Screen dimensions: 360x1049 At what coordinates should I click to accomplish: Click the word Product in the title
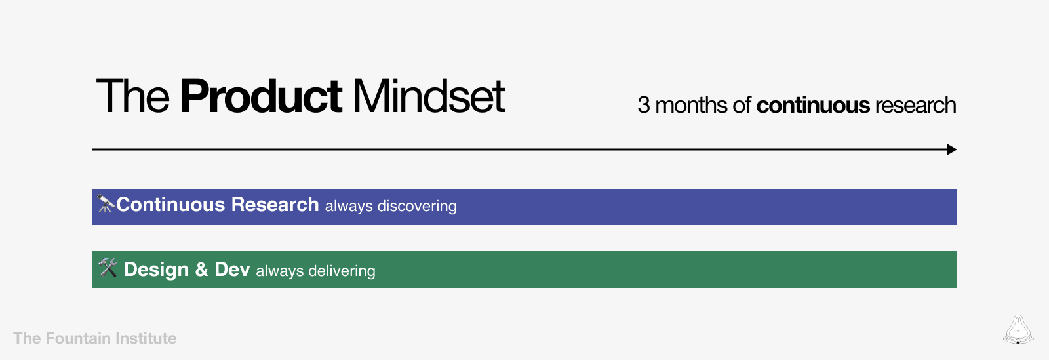coord(260,97)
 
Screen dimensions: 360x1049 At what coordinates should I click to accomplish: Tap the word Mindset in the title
coord(429,97)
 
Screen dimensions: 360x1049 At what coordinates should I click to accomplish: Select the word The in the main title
coord(133,97)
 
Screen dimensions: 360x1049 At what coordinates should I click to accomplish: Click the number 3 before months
coord(644,106)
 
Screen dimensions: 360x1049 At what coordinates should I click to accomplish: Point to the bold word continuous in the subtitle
coord(813,106)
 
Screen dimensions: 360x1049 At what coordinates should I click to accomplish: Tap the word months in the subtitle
coord(691,106)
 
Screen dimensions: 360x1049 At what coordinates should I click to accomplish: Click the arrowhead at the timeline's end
coord(952,150)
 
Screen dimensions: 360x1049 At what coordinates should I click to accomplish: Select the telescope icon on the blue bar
coord(106,205)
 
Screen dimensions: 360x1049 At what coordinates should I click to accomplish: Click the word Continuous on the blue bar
coord(170,205)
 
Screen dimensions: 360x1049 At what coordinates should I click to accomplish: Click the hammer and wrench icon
coord(108,268)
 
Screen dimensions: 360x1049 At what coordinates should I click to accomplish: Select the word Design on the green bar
coord(156,270)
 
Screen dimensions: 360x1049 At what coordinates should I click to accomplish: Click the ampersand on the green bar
coord(201,270)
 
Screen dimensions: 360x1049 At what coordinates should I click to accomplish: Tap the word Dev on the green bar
coord(232,270)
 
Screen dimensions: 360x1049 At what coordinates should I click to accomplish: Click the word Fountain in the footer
coord(78,338)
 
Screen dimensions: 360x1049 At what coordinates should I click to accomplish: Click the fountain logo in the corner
coord(1018,330)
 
